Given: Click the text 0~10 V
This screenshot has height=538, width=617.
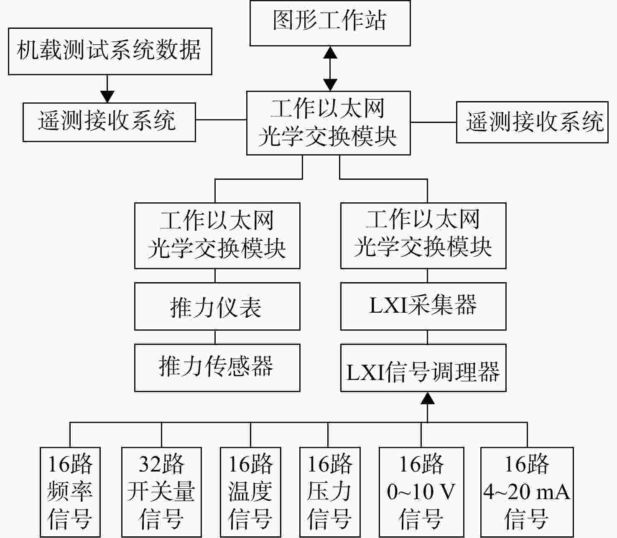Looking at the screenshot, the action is coord(421,492).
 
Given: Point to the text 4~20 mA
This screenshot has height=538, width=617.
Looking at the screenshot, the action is coord(527,492).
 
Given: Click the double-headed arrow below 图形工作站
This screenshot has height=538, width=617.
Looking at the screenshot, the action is coord(330,69).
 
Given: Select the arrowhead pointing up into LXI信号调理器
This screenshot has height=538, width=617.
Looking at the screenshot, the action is coord(428,398).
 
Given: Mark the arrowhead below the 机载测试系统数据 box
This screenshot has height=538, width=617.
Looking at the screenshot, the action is coord(107,97).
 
